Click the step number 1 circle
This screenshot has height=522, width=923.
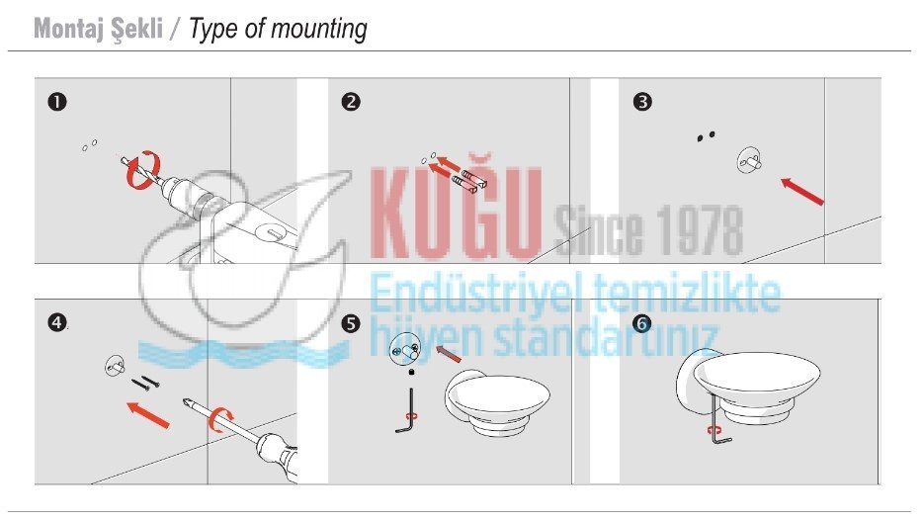coord(57,102)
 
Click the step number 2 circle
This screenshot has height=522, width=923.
coord(351,102)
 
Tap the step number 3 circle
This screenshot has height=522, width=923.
coord(642,102)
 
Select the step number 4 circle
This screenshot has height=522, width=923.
coord(57,322)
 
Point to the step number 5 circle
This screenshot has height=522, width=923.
coord(351,323)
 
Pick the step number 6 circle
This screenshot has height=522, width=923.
coord(642,323)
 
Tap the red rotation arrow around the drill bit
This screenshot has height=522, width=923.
coord(143,170)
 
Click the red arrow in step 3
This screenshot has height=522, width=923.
coord(801,192)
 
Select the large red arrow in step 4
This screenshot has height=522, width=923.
coord(148,414)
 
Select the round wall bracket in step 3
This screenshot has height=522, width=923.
coord(749,160)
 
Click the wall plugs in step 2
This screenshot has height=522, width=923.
coord(468,180)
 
